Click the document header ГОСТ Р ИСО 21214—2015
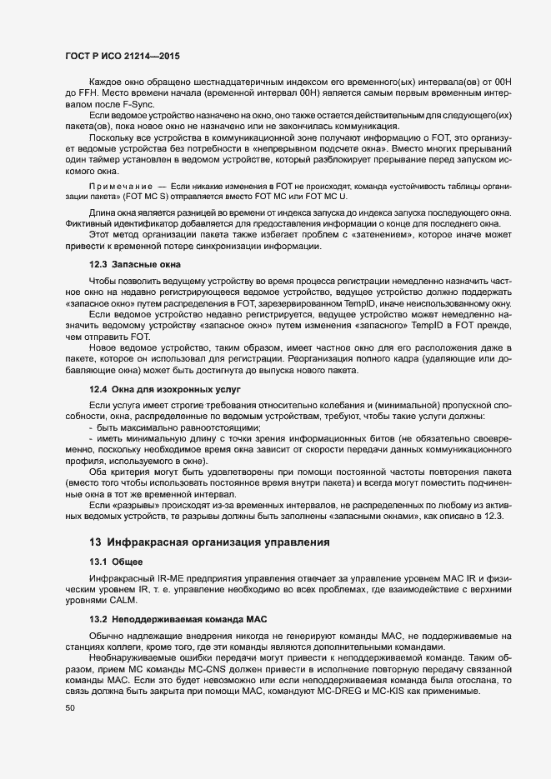(x=122, y=55)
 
